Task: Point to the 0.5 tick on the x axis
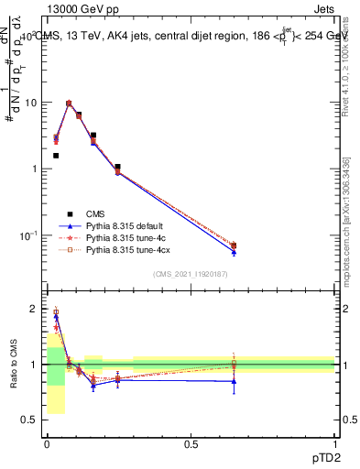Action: [x=191, y=445]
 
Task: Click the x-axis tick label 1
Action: [x=335, y=445]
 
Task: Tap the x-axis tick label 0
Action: [x=47, y=445]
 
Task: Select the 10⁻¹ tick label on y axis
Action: [x=28, y=235]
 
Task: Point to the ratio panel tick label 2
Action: [x=34, y=309]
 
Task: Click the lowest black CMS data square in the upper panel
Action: [x=234, y=245]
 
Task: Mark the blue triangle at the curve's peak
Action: [x=69, y=104]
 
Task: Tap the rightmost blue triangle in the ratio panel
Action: [x=234, y=381]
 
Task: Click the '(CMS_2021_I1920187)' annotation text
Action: [x=190, y=275]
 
